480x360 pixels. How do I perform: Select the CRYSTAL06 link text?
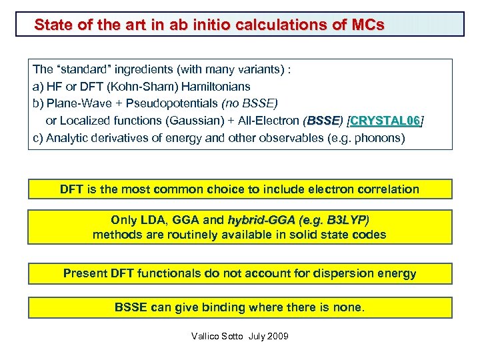(385, 121)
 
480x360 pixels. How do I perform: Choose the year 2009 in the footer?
(277, 337)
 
